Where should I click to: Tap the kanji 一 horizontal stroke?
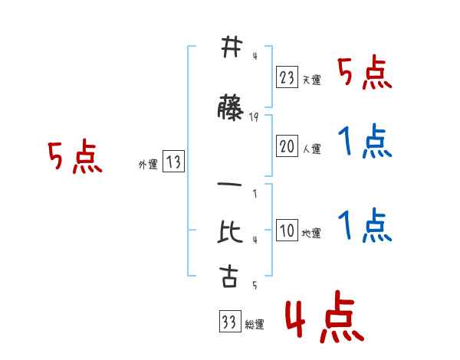click(x=229, y=185)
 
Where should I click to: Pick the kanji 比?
click(x=229, y=231)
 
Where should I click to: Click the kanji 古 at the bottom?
click(x=229, y=277)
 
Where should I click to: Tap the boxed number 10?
click(x=287, y=231)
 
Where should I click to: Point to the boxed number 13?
click(x=173, y=162)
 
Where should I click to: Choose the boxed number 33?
click(x=228, y=322)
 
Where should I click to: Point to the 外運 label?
click(x=148, y=164)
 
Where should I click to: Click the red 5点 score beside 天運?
click(x=366, y=74)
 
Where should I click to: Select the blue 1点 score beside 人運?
click(x=365, y=142)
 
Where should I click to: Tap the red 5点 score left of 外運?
click(x=74, y=158)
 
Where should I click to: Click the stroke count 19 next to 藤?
click(x=255, y=116)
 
